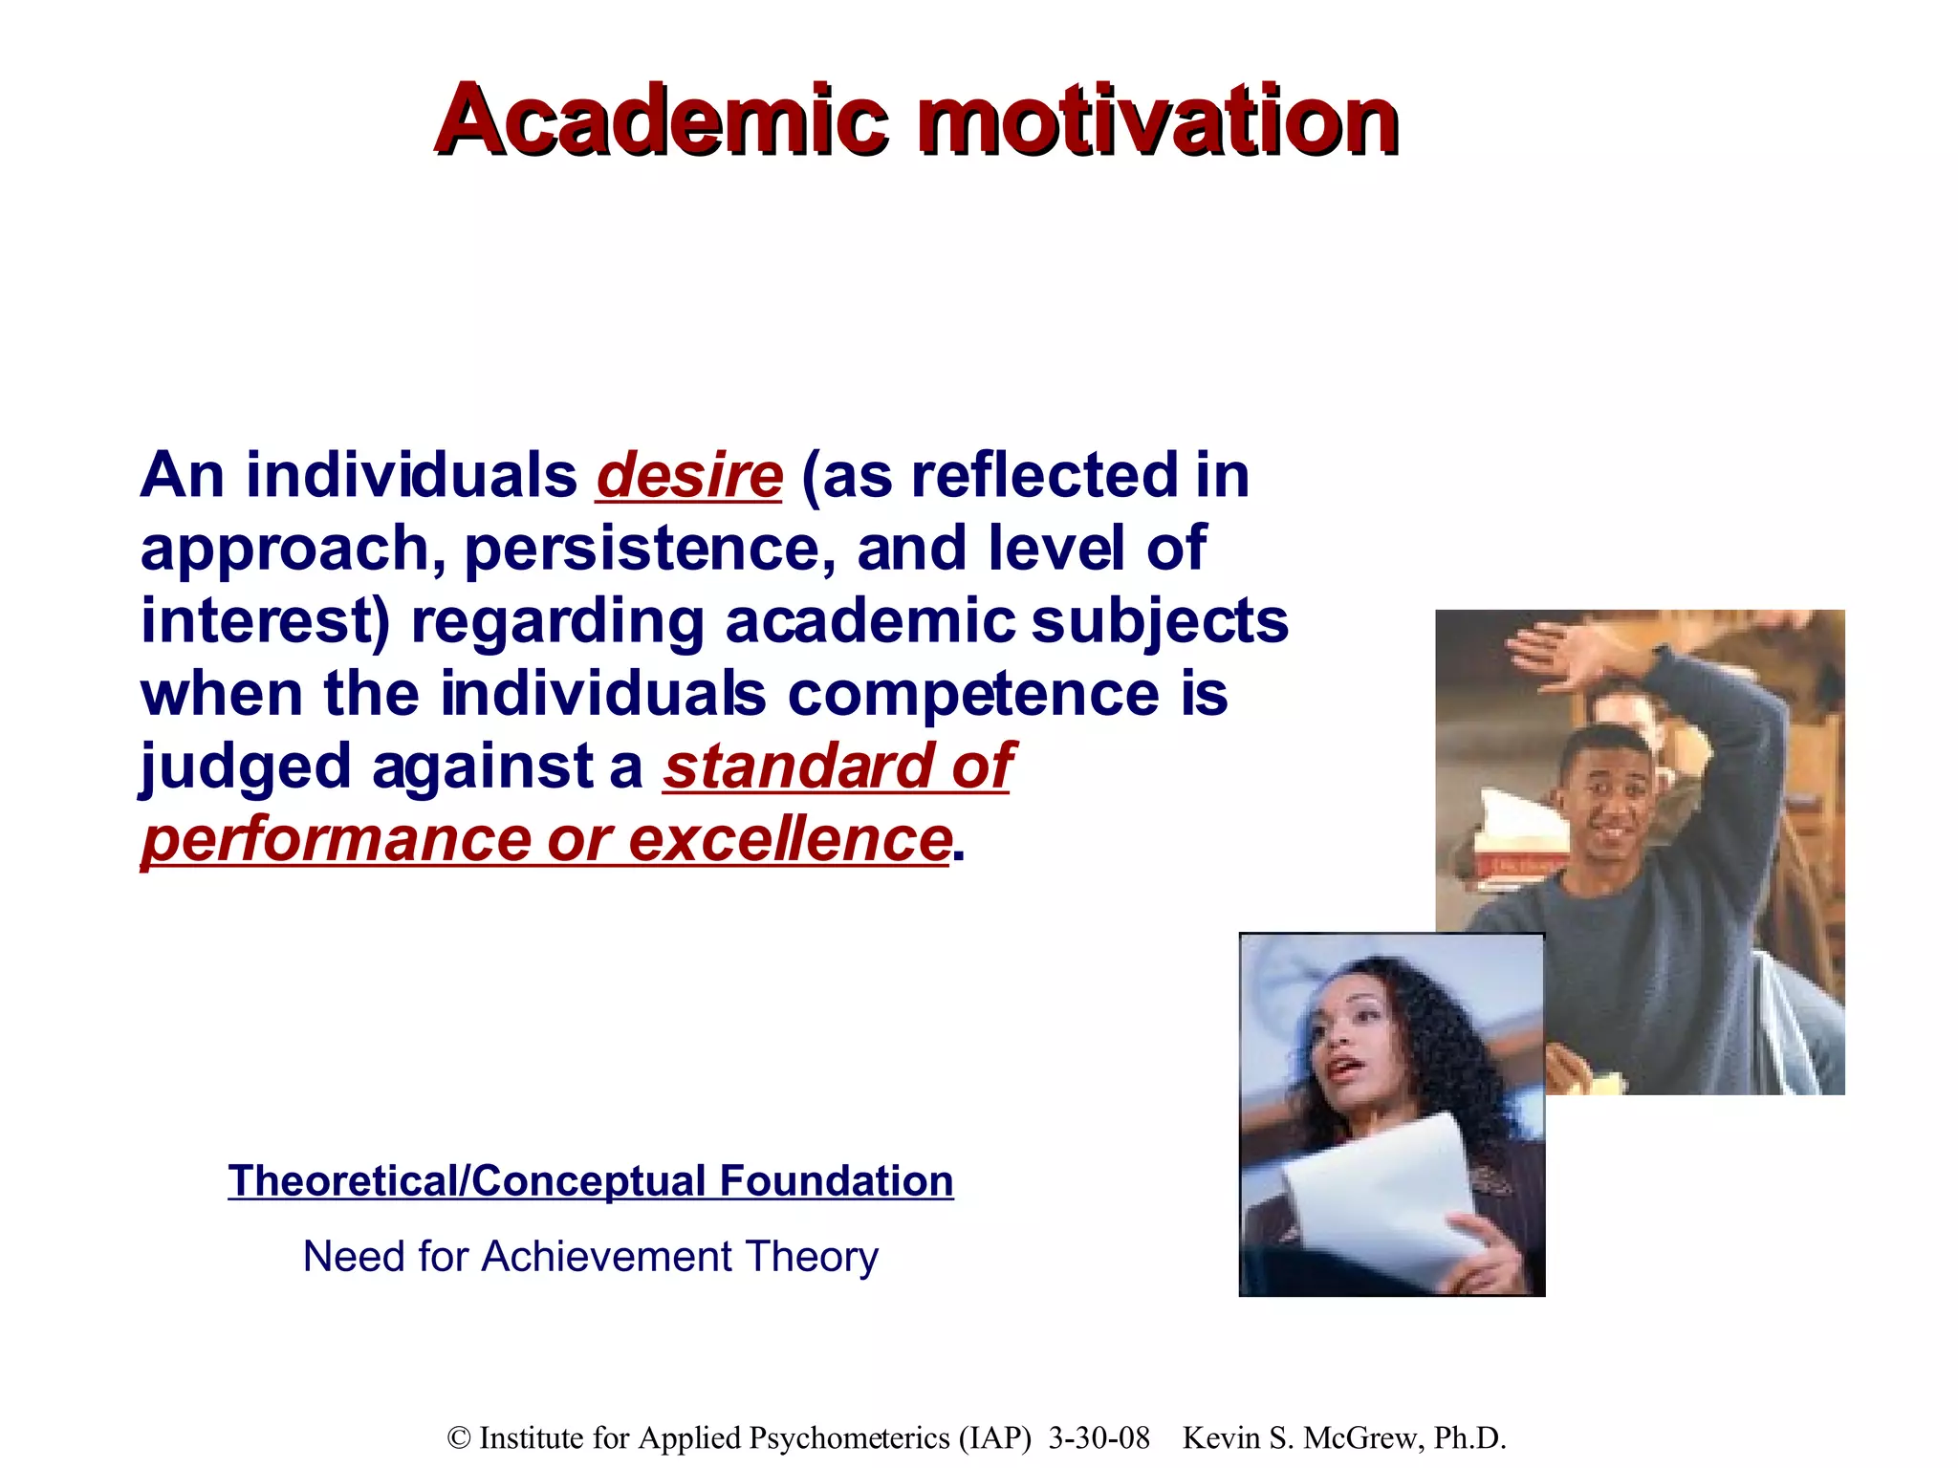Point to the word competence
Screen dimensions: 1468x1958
973,694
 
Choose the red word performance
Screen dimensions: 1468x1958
334,841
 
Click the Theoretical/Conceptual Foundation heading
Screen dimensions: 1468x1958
590,1181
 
